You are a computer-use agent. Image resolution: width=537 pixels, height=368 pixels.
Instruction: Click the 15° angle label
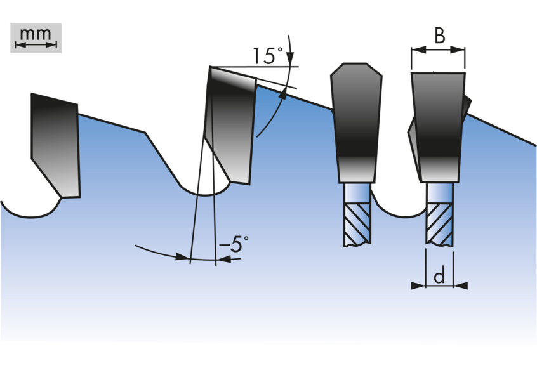(268, 55)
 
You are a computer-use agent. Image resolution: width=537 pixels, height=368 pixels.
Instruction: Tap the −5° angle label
(234, 244)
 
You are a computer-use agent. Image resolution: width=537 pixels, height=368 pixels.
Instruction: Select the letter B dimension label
(440, 36)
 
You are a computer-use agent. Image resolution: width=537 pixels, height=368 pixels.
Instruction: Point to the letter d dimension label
(439, 275)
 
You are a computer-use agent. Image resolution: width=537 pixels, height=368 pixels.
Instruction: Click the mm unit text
(36, 34)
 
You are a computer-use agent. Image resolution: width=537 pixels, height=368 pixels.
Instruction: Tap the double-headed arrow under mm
(36, 45)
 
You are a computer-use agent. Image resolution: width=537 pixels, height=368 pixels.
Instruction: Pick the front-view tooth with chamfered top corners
(356, 122)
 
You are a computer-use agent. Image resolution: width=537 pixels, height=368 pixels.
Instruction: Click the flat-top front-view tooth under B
(439, 128)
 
